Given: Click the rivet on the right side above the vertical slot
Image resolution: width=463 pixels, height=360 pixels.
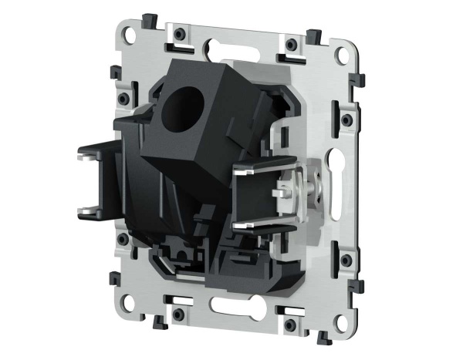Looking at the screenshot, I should pos(346,119).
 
